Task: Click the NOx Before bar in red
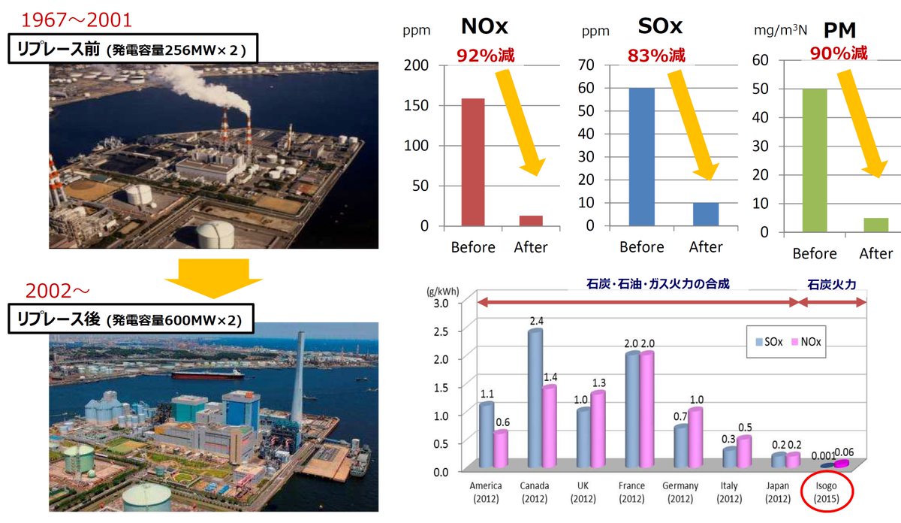[472, 161]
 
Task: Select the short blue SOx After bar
[705, 213]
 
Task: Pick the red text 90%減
[839, 53]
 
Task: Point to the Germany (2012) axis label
[680, 491]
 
